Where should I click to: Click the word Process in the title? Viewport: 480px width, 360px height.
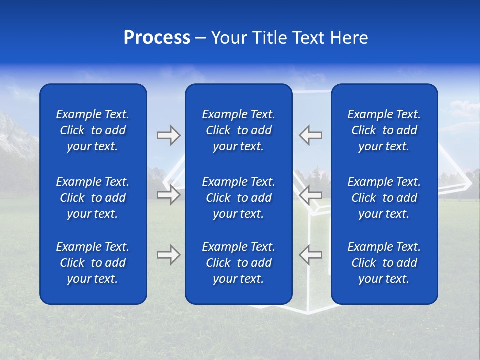(157, 38)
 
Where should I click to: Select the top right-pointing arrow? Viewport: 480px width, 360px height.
(168, 135)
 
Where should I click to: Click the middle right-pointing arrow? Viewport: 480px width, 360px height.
(168, 195)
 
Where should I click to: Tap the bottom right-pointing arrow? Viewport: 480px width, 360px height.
(168, 255)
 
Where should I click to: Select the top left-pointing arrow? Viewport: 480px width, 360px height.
(310, 135)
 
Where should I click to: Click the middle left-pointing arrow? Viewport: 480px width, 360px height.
(310, 195)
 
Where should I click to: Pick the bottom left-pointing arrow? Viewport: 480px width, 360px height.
(310, 255)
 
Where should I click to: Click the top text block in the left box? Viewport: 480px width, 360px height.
(93, 130)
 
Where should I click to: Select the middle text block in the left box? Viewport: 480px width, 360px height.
(93, 198)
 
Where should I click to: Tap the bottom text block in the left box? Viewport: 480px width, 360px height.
(93, 263)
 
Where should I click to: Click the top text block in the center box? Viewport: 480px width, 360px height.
(239, 130)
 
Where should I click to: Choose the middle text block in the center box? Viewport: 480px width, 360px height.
(239, 198)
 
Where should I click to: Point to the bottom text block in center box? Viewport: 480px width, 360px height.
(239, 263)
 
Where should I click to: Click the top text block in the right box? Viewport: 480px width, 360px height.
(384, 130)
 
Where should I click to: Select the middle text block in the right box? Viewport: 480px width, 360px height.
(384, 198)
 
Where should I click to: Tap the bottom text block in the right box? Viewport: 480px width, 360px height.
(384, 263)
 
